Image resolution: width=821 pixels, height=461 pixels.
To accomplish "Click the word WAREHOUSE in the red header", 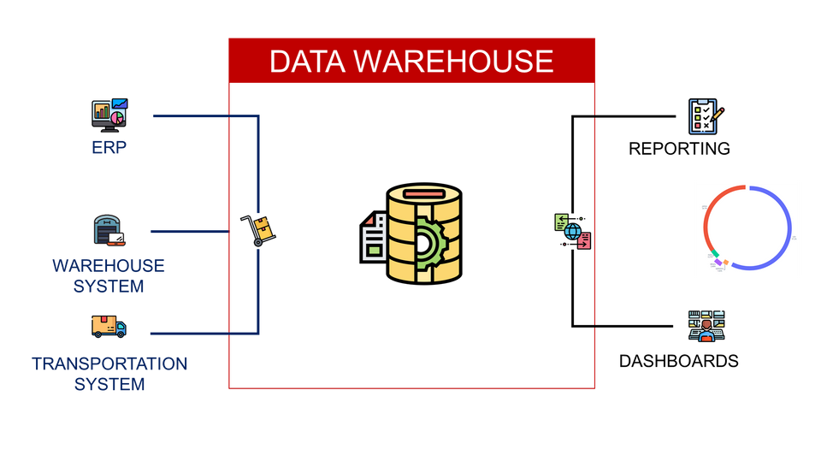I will point(452,62).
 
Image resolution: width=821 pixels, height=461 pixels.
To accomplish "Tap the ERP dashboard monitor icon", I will point(109,115).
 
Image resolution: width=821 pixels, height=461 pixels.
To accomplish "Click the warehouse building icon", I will point(109,230).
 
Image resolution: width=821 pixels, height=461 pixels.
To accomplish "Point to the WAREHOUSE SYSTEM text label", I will point(109,275).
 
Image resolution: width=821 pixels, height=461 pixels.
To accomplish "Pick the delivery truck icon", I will point(109,326).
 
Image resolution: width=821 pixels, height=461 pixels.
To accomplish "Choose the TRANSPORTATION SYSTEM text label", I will point(109,374).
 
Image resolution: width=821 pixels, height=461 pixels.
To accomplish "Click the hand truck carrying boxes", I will point(259,230).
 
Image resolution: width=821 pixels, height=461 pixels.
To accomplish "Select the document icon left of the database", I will point(374,237).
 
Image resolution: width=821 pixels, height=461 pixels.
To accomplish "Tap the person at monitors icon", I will point(706,326).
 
